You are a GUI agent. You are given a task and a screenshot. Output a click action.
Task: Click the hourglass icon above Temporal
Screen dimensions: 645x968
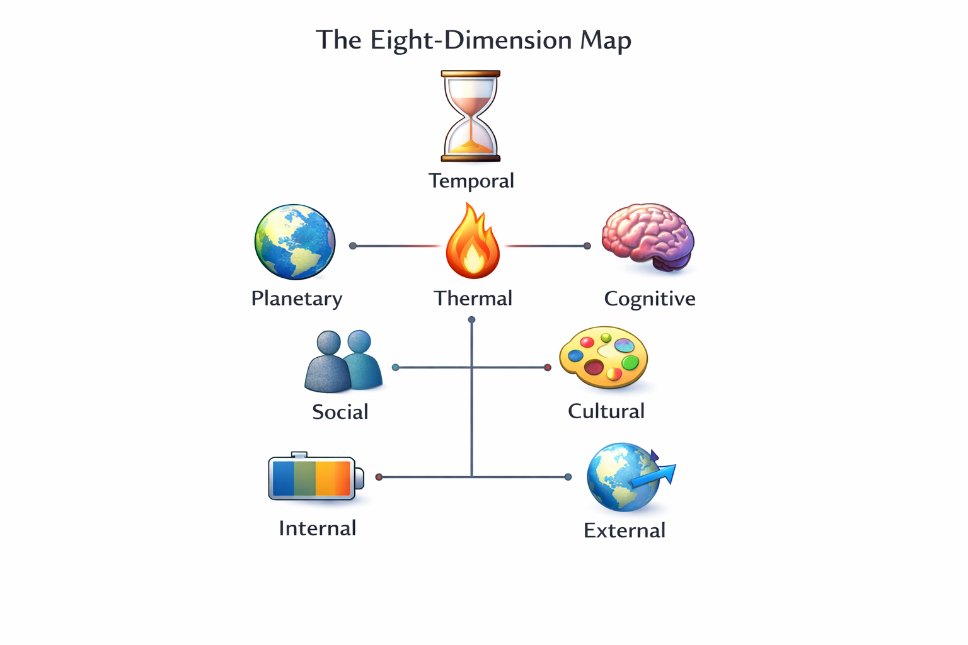click(471, 117)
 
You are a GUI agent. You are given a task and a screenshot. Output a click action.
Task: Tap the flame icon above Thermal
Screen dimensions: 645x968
click(473, 243)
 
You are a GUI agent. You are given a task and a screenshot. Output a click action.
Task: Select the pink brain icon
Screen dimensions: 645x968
click(647, 237)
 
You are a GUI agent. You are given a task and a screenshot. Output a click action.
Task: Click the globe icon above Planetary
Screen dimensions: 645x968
click(295, 242)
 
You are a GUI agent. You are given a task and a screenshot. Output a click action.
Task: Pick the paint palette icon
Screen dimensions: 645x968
click(604, 357)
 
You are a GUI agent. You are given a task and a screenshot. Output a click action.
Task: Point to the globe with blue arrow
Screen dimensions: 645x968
click(627, 477)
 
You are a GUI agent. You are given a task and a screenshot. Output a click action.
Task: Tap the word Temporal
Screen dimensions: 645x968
click(471, 181)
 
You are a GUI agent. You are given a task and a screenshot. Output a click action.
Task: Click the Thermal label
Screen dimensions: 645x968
click(473, 298)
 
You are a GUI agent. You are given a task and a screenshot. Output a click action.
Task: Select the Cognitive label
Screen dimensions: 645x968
click(650, 299)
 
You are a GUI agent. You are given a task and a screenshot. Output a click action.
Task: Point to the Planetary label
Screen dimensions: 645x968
click(297, 298)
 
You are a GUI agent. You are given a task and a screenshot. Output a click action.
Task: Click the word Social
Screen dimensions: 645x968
click(340, 412)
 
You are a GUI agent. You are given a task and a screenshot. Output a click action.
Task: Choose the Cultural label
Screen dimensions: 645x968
click(606, 411)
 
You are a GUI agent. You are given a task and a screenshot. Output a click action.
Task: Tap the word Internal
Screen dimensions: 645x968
click(318, 528)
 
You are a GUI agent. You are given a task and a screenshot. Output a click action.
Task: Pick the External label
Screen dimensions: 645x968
click(625, 530)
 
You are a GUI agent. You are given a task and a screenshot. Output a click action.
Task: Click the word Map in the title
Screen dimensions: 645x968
click(606, 40)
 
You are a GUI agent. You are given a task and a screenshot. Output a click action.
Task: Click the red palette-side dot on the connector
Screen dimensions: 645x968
click(548, 367)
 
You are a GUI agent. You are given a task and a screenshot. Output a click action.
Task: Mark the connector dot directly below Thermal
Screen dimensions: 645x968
click(471, 320)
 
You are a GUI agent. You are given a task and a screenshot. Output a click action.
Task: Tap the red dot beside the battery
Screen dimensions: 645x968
click(379, 477)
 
